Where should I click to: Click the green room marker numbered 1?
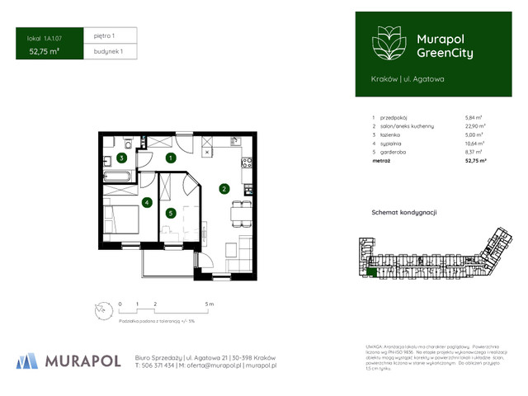(171, 158)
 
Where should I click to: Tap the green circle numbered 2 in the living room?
(224, 189)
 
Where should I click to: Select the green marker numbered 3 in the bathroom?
(121, 158)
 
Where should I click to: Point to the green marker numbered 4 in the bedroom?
(146, 202)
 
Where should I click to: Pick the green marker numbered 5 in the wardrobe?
(171, 213)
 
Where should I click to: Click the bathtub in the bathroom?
(120, 177)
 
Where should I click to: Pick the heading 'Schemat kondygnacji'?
(403, 212)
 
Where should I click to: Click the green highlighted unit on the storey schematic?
(372, 272)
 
